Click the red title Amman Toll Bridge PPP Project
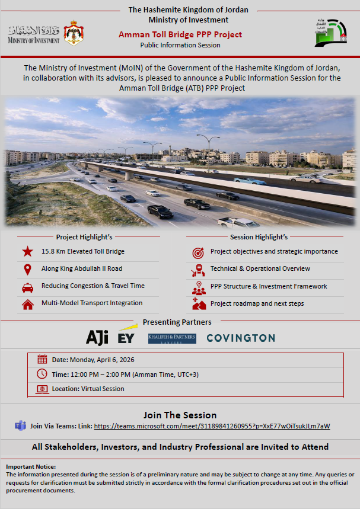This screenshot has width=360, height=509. click(x=180, y=34)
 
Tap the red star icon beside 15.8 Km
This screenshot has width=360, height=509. click(x=27, y=252)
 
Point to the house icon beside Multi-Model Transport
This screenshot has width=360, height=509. click(x=27, y=305)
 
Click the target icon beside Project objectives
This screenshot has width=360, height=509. click(x=197, y=252)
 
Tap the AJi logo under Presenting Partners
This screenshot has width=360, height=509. click(x=97, y=338)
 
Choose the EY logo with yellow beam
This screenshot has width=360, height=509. click(x=126, y=336)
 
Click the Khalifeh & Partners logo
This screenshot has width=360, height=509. click(x=171, y=338)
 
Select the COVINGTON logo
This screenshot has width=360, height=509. click(x=240, y=338)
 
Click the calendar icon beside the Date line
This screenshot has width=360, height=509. click(x=42, y=359)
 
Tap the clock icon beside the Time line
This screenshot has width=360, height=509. click(x=42, y=374)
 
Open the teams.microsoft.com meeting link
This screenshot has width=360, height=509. click(x=212, y=426)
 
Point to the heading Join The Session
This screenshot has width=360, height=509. click(x=180, y=415)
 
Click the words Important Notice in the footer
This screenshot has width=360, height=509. click(x=31, y=467)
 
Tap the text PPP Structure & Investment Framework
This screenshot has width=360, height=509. click(x=269, y=286)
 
